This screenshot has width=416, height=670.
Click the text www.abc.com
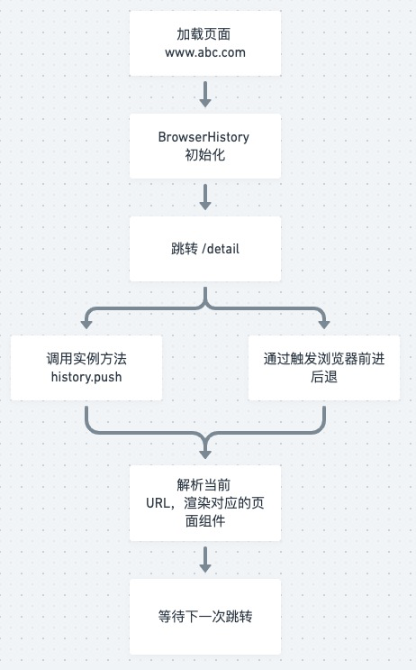point(205,52)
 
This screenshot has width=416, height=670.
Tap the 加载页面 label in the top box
point(203,34)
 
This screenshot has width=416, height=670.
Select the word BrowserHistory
point(203,137)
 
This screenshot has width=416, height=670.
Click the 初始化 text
point(205,155)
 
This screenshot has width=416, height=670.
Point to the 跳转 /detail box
point(205,249)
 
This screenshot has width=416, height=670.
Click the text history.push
point(86,377)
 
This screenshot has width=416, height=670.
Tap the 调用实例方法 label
point(86,359)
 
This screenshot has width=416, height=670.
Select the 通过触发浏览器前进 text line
point(324,359)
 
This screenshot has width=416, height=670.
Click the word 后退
point(324,377)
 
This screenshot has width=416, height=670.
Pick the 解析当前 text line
point(203,485)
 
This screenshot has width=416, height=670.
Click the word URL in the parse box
point(158,503)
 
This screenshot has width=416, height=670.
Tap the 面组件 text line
point(205,521)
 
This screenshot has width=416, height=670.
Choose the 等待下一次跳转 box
point(205,617)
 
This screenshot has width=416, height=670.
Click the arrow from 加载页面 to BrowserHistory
point(205,94)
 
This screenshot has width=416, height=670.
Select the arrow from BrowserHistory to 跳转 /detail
point(205,197)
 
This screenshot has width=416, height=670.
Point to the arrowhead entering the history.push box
point(86,325)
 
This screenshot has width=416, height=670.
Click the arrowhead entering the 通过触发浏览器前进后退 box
point(324,325)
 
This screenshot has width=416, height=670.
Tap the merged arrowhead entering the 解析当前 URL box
point(205,454)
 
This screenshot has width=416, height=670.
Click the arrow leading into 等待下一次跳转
point(205,559)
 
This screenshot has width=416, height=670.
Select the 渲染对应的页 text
point(224,503)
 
